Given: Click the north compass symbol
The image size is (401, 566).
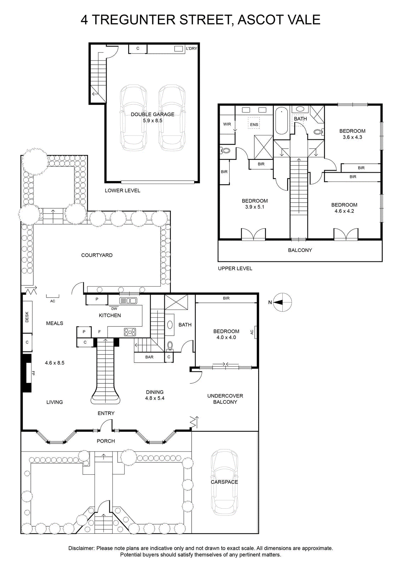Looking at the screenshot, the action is click(x=283, y=302).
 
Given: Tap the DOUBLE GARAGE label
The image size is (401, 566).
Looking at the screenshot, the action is click(x=153, y=115).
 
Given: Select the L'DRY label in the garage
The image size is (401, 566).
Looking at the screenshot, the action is click(x=192, y=48).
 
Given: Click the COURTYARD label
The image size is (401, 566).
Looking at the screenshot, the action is click(x=97, y=255).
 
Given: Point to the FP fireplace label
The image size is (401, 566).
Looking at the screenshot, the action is click(x=33, y=373).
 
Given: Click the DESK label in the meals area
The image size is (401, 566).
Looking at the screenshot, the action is click(x=27, y=317).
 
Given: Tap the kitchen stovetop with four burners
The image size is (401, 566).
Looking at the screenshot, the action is click(x=130, y=332).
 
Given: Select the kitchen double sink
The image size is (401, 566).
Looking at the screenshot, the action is click(x=128, y=301).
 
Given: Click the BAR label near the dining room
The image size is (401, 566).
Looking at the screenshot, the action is click(x=149, y=357).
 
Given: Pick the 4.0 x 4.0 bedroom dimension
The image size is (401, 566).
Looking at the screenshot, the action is click(x=226, y=337).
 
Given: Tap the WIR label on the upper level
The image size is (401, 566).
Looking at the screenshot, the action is click(x=227, y=124).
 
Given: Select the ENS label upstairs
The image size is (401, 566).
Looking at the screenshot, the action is click(x=254, y=125).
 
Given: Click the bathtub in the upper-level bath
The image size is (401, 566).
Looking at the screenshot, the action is click(x=281, y=121).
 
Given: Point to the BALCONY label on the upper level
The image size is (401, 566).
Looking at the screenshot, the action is click(x=300, y=250).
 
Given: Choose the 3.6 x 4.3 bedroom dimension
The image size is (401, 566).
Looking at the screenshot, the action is click(x=352, y=137).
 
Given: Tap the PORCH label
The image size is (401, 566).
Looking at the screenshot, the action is click(x=106, y=441).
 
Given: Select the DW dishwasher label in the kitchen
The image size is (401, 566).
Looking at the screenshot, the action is click(x=114, y=309).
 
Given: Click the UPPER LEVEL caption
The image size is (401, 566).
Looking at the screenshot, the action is click(x=235, y=268).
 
